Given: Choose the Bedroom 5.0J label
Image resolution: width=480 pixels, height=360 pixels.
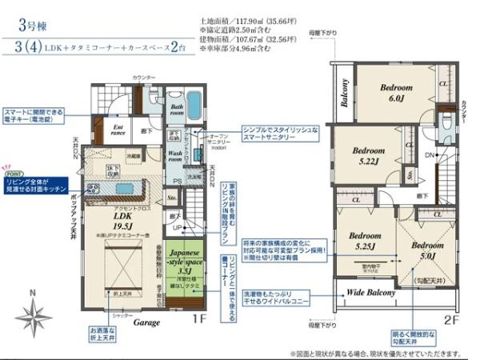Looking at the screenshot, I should click(x=426, y=250).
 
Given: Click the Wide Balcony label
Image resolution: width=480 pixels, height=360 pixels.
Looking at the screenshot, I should click(x=370, y=293).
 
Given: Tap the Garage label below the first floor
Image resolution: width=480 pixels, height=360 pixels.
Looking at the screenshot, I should click(x=146, y=322).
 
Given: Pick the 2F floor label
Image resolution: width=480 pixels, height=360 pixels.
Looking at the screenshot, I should click(x=450, y=321).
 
